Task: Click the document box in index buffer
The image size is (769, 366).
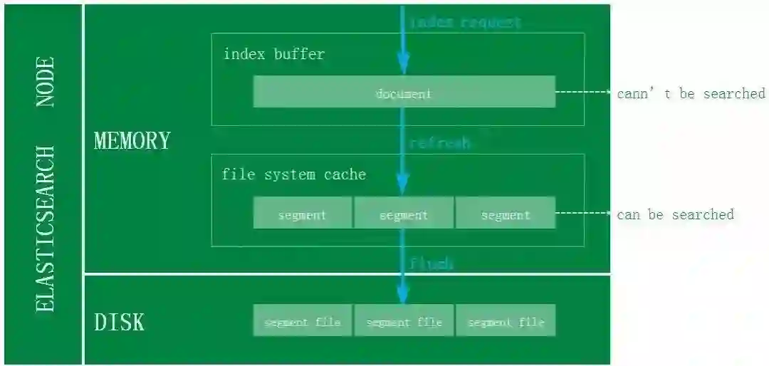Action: tap(404, 93)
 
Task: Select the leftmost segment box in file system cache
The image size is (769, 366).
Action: tap(303, 214)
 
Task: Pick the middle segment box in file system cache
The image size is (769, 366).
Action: tap(404, 214)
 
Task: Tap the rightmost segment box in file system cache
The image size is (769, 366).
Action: tap(506, 214)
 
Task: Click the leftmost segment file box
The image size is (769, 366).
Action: tap(303, 321)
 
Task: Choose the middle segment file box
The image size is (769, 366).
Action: tap(404, 321)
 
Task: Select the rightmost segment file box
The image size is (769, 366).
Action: tap(506, 321)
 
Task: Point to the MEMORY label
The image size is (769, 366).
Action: tap(132, 140)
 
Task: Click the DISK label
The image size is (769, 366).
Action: tap(120, 322)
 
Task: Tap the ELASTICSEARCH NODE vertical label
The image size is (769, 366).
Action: tap(45, 184)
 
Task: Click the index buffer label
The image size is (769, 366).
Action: tap(273, 54)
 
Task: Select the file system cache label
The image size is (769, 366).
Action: tap(293, 174)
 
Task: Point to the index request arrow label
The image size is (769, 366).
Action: tap(466, 22)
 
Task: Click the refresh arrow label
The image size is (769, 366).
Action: tap(440, 143)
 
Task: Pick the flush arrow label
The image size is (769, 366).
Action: tap(431, 263)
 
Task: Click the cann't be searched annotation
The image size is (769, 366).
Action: tap(691, 93)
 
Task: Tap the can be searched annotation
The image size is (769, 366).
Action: tap(675, 214)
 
